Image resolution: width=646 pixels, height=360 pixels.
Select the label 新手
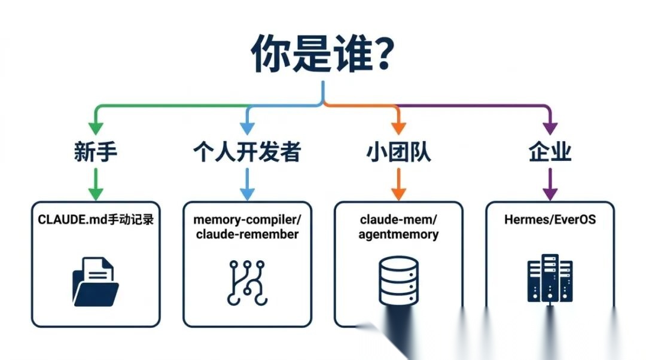click(96, 152)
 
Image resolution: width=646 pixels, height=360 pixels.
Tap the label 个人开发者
click(246, 152)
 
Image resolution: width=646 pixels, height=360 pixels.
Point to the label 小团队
click(398, 152)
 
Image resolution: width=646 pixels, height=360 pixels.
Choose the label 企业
click(550, 152)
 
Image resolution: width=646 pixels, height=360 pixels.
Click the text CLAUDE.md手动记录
click(96, 220)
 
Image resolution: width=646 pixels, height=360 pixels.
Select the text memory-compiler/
click(246, 219)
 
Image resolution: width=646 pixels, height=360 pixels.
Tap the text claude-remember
click(246, 234)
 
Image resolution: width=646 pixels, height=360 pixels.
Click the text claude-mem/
click(398, 219)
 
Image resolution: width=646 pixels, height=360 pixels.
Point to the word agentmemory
click(398, 234)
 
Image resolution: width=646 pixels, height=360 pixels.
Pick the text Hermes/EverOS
click(550, 220)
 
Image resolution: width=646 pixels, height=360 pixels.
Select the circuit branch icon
click(246, 282)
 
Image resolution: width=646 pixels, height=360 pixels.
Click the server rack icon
click(550, 278)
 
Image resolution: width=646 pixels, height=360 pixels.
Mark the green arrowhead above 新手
click(96, 127)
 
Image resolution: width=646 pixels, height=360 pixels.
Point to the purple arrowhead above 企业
click(550, 127)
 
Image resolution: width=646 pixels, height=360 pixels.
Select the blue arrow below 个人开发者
click(246, 184)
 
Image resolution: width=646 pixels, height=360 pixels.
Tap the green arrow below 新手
click(96, 184)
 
